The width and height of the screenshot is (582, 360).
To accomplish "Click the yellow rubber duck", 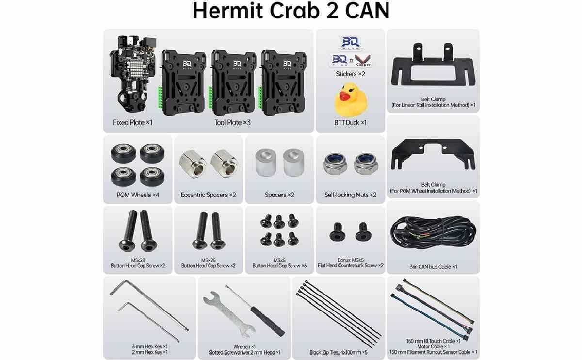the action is tap(351, 100).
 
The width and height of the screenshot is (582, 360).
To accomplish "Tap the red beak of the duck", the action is tap(344, 96).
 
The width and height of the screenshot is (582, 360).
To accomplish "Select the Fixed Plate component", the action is tap(133, 75).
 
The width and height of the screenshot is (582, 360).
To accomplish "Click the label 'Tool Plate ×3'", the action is tap(232, 122).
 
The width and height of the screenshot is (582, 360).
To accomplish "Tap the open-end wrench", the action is tap(228, 314).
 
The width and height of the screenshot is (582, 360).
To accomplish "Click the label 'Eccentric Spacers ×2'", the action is tap(209, 195).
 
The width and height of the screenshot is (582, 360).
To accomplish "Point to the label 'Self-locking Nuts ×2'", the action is tap(350, 195).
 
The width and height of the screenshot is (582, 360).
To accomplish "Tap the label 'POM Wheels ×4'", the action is tap(138, 195).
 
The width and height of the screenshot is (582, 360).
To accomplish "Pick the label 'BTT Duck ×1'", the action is tap(350, 122).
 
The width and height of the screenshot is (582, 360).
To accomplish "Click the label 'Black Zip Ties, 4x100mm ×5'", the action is tap(339, 352).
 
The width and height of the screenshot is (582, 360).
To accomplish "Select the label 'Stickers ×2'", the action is tap(350, 74).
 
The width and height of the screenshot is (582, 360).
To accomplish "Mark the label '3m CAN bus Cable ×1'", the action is tap(433, 267).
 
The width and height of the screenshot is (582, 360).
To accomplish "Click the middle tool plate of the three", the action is tap(233, 83).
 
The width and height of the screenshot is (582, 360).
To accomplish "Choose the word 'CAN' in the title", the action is tap(368, 11).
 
